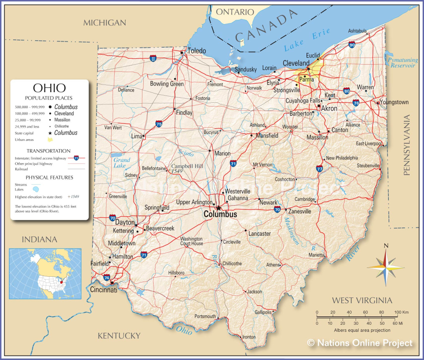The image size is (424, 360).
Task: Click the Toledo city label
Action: [196, 51]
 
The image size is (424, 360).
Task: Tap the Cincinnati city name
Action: [104, 290]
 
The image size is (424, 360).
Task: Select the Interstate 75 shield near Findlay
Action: [159, 123]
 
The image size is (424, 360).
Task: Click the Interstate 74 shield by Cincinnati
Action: [107, 278]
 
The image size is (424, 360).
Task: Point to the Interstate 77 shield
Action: [319, 168]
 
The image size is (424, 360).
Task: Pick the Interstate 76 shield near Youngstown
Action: [356, 103]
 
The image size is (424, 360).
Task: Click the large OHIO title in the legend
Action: [49, 88]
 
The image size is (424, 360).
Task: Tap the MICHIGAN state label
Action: [104, 23]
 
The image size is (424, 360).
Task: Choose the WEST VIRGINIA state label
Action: [362, 300]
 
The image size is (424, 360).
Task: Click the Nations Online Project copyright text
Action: [359, 343]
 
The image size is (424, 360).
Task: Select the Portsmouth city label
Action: [205, 317]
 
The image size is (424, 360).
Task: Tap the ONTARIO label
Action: [235, 12]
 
